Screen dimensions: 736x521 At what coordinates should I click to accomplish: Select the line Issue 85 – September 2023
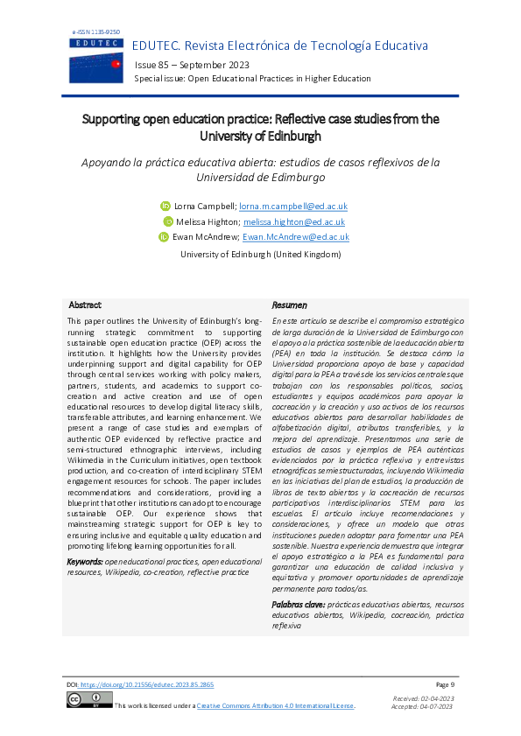(192, 66)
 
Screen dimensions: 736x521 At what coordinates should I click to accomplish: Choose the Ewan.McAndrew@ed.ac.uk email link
(296, 236)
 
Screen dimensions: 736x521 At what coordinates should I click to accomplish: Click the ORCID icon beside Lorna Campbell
(164, 207)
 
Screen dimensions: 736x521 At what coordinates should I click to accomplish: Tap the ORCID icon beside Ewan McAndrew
(163, 236)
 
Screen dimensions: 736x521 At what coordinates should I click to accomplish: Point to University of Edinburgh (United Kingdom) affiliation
(260, 254)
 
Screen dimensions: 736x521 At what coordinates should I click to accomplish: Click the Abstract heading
(85, 305)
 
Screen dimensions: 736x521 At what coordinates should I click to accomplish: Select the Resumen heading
(289, 305)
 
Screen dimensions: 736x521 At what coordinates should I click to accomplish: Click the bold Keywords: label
(86, 560)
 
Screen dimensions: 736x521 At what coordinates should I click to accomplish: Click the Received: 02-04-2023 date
(425, 697)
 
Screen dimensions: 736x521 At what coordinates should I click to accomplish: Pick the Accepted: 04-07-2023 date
(425, 705)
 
